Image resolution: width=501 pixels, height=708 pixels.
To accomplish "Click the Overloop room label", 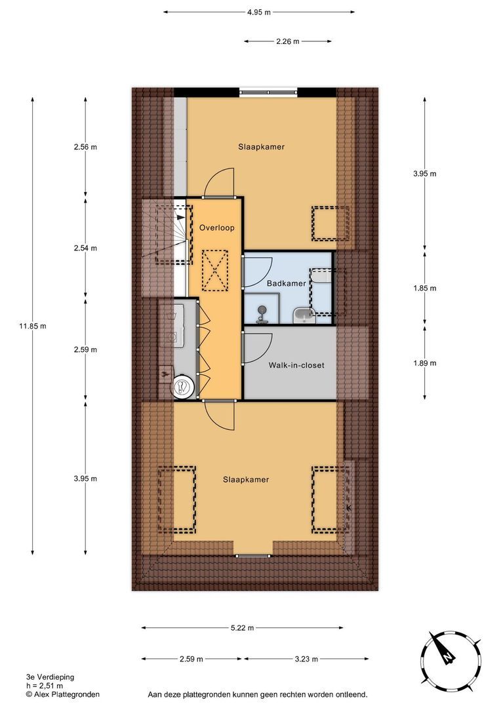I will tap(216, 227).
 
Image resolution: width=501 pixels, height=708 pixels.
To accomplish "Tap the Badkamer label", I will tap(287, 283).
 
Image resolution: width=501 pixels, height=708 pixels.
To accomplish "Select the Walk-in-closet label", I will tap(296, 365).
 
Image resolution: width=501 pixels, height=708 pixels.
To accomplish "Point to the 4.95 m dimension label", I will tap(258, 12).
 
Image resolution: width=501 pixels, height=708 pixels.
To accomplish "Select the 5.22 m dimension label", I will tap(242, 628).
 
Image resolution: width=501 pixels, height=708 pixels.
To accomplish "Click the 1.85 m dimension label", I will tap(424, 288).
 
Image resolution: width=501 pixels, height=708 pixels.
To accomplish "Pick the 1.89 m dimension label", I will tap(424, 363).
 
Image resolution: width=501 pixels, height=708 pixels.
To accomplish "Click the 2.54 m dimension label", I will tap(85, 248).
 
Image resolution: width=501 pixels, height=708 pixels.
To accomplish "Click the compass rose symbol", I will tap(448, 658).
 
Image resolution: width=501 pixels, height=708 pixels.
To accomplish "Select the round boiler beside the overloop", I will tap(182, 387).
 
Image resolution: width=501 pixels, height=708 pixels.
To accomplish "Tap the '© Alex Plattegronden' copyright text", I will tap(62, 694).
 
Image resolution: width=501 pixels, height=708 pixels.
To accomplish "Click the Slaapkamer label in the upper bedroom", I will tap(261, 147).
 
